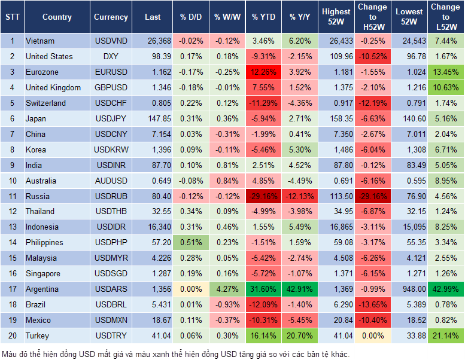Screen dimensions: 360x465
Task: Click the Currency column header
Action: pyautogui.click(x=111, y=17)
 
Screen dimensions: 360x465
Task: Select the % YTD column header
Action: pyautogui.click(x=264, y=17)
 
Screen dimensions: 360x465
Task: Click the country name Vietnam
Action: pyautogui.click(x=40, y=41)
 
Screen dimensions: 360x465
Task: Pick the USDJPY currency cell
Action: pyautogui.click(x=111, y=118)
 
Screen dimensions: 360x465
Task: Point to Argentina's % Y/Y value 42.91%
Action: pyautogui.click(x=300, y=289)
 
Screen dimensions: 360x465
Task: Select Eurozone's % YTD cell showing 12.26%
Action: pyautogui.click(x=264, y=72)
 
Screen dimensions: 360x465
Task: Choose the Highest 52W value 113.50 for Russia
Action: pyautogui.click(x=336, y=196)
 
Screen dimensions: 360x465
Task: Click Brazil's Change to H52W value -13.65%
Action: pyautogui.click(x=373, y=304)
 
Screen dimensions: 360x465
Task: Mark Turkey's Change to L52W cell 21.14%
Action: pyautogui.click(x=445, y=335)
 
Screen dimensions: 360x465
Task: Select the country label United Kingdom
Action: pyautogui.click(x=53, y=88)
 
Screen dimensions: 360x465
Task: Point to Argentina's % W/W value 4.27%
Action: pyautogui.click(x=227, y=289)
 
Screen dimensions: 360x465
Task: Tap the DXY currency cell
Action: pyautogui.click(x=111, y=57)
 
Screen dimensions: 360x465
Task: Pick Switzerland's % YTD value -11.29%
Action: pyautogui.click(x=264, y=103)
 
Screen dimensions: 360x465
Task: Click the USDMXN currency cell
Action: pyautogui.click(x=111, y=320)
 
